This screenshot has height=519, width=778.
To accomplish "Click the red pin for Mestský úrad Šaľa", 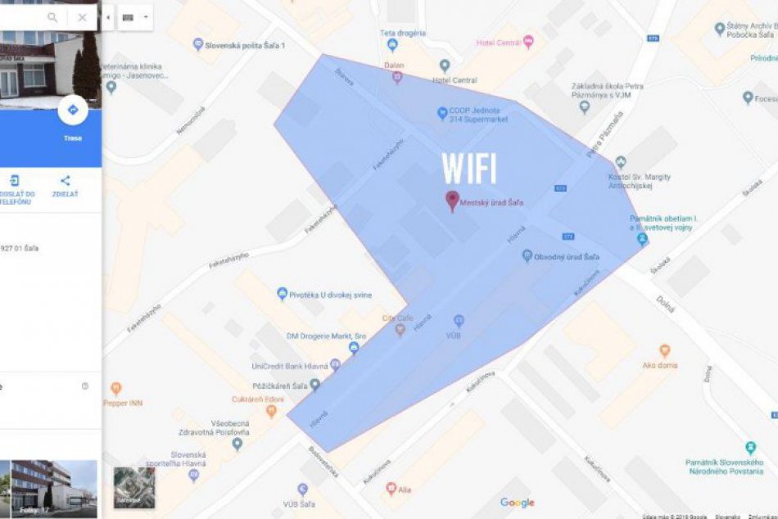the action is [x=451, y=200].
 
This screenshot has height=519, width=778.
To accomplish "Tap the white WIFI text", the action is [x=469, y=168].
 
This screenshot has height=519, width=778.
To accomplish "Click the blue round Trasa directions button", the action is [x=72, y=111].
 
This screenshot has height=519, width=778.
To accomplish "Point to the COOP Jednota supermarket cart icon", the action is [x=442, y=112].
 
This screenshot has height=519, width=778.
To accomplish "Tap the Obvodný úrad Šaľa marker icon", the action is [x=527, y=256].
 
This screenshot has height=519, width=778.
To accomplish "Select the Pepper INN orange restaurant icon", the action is [x=115, y=388].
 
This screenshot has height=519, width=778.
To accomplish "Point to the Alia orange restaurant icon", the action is [x=391, y=488].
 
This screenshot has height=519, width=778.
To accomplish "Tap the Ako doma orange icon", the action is [x=664, y=350].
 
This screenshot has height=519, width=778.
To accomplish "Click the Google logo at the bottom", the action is [x=517, y=503].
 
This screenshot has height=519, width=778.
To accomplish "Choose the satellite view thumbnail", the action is [x=133, y=487].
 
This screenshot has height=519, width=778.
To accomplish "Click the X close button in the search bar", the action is [x=82, y=17].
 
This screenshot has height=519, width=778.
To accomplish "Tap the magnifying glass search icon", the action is [x=53, y=17].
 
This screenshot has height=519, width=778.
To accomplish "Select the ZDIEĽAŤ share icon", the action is [x=65, y=182].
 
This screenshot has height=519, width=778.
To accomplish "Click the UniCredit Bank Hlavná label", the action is [x=290, y=366].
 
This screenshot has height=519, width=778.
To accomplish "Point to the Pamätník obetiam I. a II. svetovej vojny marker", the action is [x=642, y=239].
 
